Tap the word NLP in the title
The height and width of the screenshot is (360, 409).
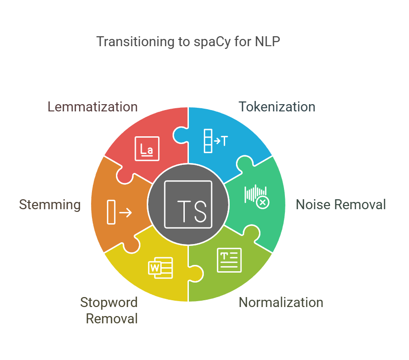click(x=268, y=42)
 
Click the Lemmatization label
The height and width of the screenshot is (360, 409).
click(x=92, y=107)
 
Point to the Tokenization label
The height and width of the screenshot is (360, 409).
click(x=277, y=107)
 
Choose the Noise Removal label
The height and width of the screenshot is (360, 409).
click(x=341, y=204)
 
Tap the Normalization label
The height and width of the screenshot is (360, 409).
click(x=281, y=302)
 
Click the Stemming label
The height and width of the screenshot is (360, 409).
click(x=50, y=204)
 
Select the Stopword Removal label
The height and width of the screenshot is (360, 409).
click(x=109, y=310)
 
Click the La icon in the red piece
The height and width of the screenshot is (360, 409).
click(x=147, y=149)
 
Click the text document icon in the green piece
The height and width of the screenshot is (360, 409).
click(x=229, y=260)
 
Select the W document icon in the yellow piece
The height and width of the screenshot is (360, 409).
click(x=161, y=267)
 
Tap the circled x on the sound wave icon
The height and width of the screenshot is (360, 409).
click(x=263, y=202)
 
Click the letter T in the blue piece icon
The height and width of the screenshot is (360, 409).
click(x=223, y=141)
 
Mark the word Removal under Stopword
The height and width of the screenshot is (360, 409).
click(x=112, y=318)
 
